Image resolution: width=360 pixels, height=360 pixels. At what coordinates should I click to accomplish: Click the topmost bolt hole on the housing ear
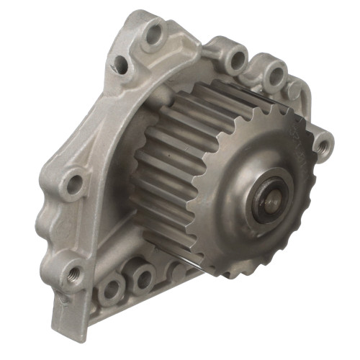click(x=153, y=34)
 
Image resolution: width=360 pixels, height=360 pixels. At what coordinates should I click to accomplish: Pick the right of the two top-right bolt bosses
click(x=274, y=74)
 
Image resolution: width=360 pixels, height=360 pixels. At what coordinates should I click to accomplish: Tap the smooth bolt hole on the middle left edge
click(x=73, y=184)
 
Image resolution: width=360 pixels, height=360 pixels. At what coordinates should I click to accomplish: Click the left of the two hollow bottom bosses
click(x=111, y=289)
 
